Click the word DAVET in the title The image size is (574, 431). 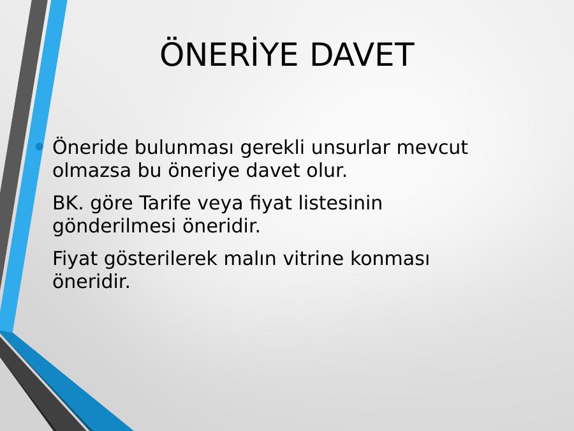click(362, 54)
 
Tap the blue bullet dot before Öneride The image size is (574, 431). click(39, 147)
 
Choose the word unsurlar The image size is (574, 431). click(351, 147)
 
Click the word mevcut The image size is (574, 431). click(432, 147)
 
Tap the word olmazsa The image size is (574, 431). click(91, 170)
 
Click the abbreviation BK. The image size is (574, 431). click(68, 202)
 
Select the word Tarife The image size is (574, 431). click(165, 202)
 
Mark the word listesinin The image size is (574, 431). click(341, 202)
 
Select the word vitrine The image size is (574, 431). click(313, 258)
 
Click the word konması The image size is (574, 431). click(390, 258)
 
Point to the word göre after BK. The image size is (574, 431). click(111, 204)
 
